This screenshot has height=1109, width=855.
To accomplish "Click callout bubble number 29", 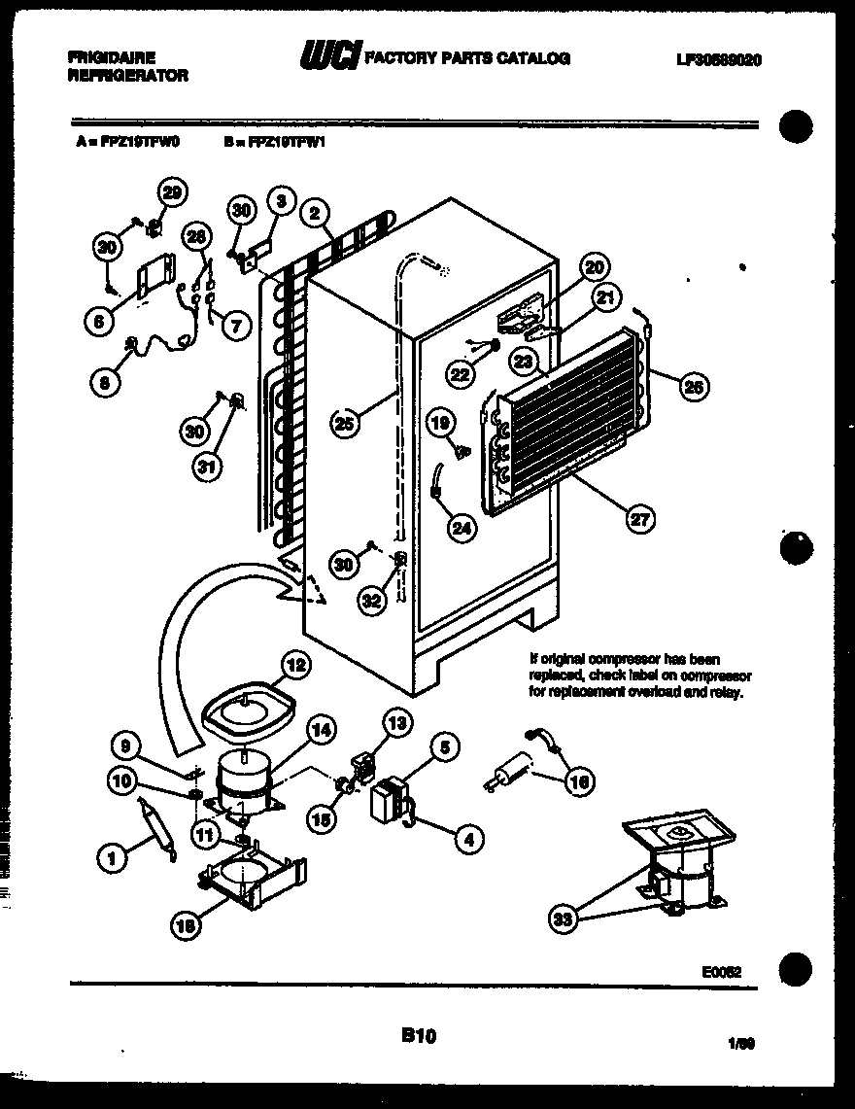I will [172, 191].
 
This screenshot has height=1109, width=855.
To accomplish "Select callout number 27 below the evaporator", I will [638, 519].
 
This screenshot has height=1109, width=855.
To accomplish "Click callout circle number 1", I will [113, 856].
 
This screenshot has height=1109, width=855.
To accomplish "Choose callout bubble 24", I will [460, 528].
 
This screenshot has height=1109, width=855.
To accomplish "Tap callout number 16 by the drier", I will [581, 780].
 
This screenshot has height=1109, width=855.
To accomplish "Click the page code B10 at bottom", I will [417, 1037].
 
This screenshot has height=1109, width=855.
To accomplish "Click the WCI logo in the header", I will [329, 58].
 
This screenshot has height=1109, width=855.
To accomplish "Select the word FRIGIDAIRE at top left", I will [112, 58].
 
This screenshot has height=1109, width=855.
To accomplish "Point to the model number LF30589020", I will [718, 59].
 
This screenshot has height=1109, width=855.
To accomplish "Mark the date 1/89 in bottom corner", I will [741, 1043].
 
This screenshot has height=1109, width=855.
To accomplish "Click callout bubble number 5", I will [443, 747].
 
